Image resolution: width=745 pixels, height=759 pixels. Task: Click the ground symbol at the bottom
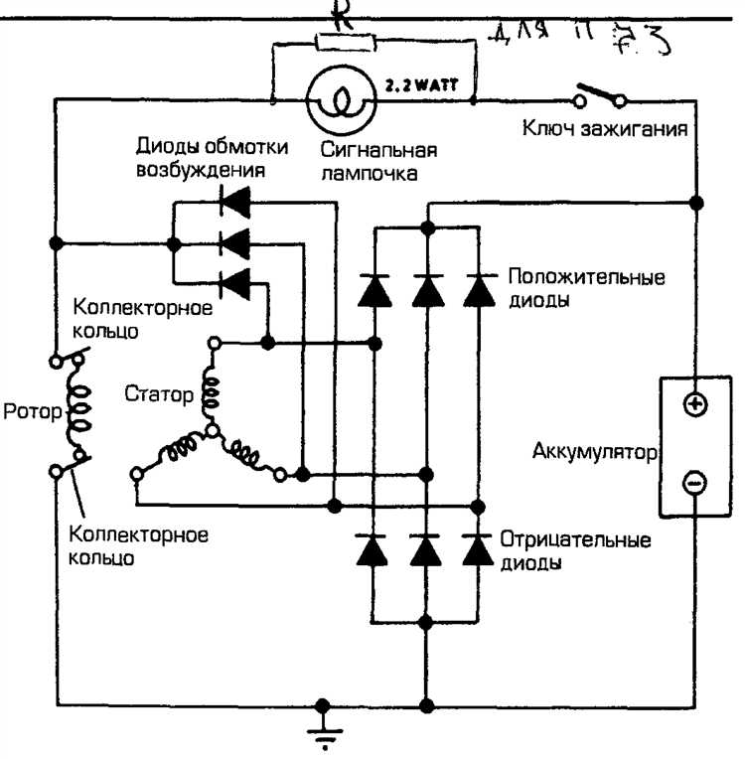[x=322, y=736]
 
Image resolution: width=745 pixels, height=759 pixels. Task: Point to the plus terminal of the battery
[x=695, y=404]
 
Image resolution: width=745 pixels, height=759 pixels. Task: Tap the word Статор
[x=160, y=394]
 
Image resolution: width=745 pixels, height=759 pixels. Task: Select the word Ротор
[x=31, y=411]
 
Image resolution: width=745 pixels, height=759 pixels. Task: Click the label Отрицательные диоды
[x=576, y=551]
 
